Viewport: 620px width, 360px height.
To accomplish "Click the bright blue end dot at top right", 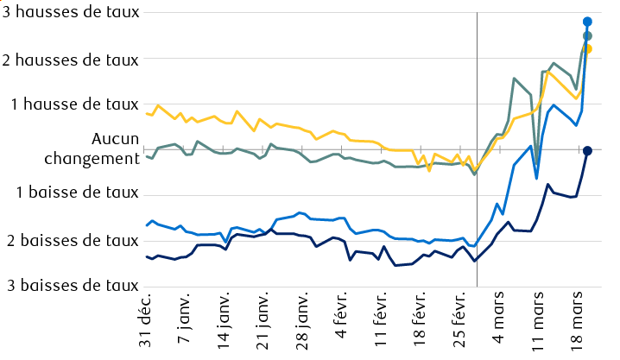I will (587, 22).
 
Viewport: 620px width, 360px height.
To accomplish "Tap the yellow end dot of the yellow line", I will (587, 48).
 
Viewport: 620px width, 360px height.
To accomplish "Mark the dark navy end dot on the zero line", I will (587, 151).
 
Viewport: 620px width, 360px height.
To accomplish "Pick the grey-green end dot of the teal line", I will (587, 35).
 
